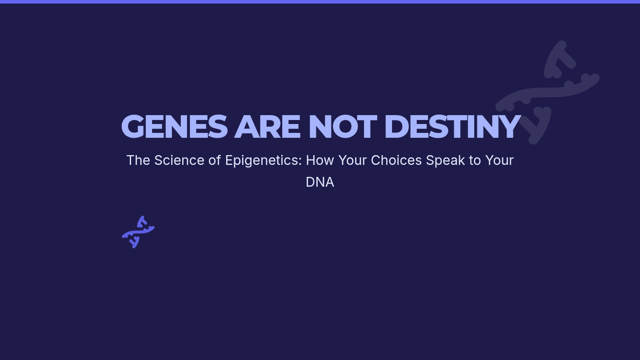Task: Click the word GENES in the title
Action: coord(174,126)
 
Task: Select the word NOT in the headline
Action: coord(343,126)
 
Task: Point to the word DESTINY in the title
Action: coord(453,126)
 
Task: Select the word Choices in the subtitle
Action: coord(396,161)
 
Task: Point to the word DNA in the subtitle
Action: coord(319,182)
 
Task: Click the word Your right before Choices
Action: coord(353,161)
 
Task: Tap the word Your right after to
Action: coord(499,161)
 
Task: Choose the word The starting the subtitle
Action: coord(138,161)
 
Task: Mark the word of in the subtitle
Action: coord(214,161)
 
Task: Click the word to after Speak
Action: coord(475,161)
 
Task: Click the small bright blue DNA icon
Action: coord(138,232)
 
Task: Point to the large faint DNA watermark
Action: coord(547,92)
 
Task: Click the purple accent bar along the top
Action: coord(320,2)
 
